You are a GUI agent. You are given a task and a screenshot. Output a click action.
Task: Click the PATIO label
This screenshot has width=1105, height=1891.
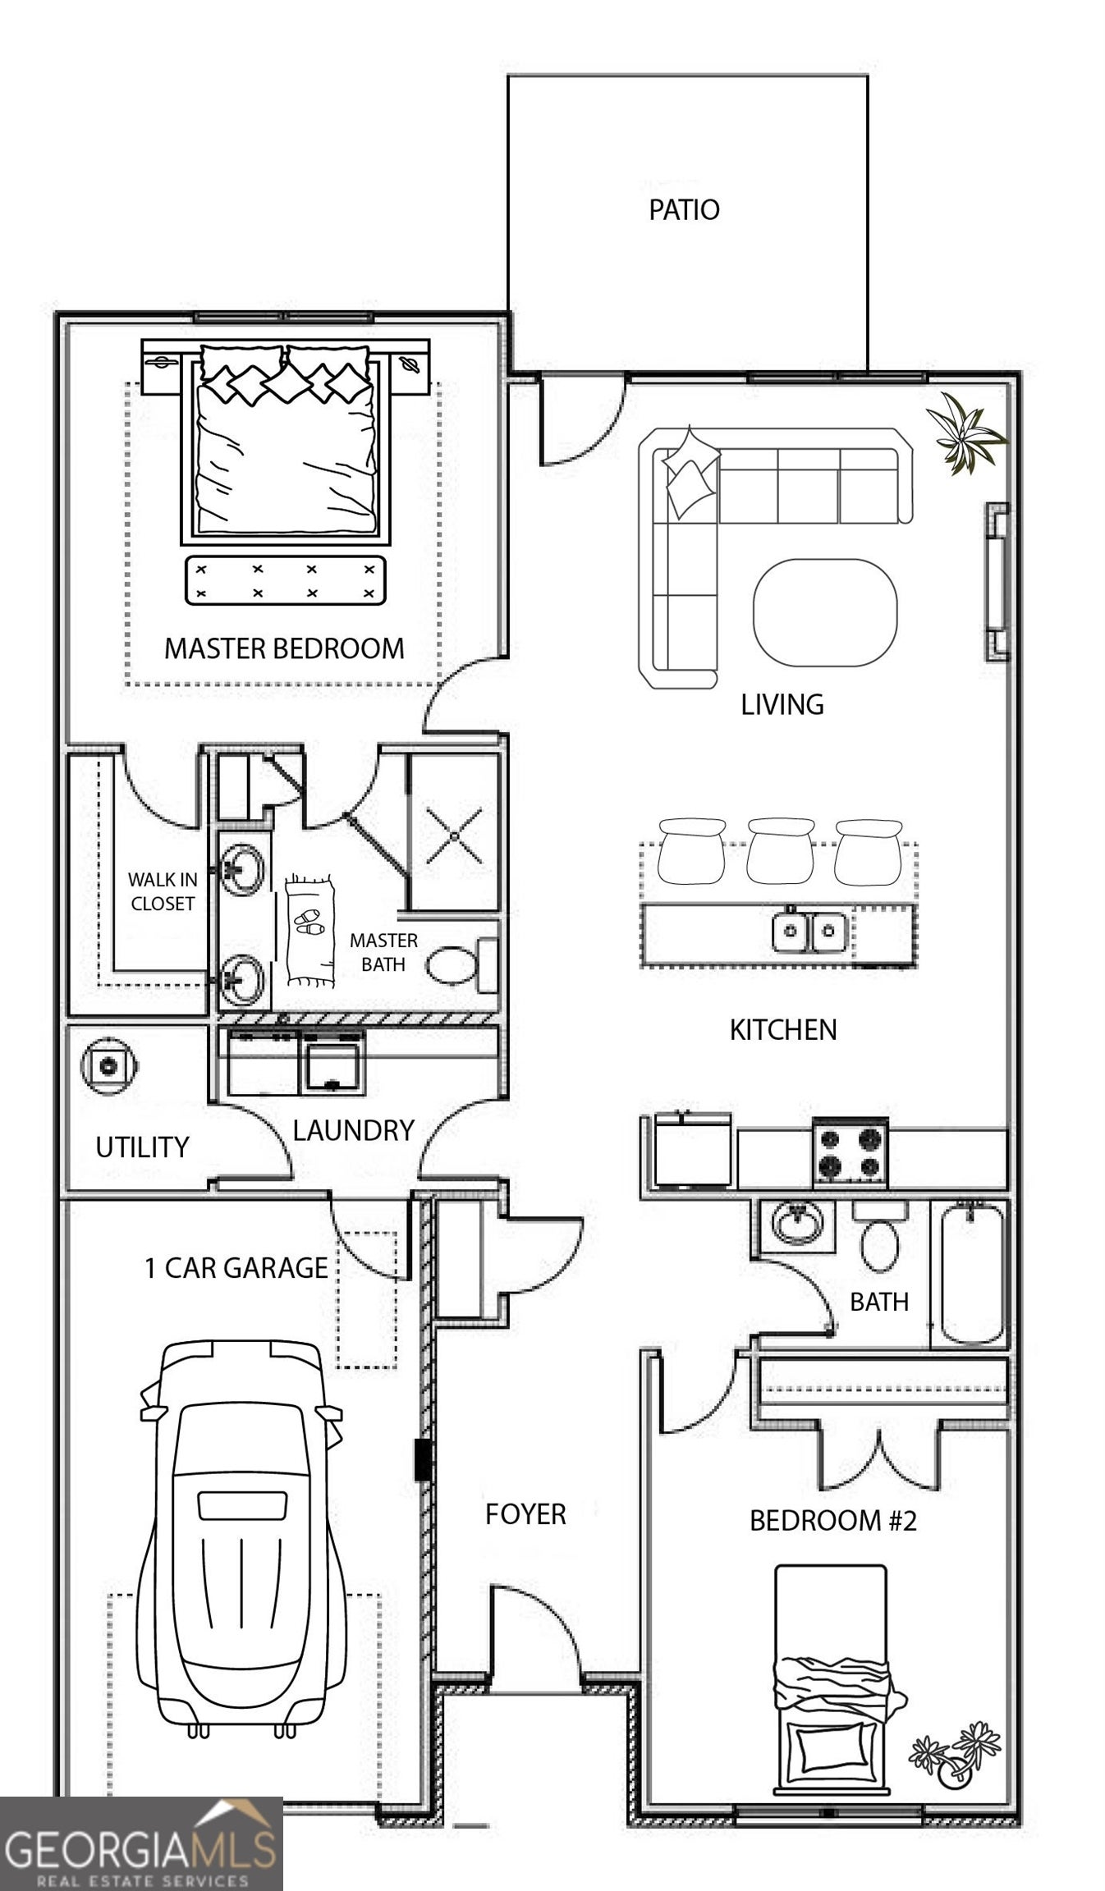684,210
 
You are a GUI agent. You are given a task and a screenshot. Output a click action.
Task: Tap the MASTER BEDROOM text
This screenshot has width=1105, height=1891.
284,648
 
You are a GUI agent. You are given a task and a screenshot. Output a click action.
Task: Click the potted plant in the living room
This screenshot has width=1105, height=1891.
967,433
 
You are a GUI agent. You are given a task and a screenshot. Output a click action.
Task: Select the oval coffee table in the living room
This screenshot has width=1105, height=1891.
825,612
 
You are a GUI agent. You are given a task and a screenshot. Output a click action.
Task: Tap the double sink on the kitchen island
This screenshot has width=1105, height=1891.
809,930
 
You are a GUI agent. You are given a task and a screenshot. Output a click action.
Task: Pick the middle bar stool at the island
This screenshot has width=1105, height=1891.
780,851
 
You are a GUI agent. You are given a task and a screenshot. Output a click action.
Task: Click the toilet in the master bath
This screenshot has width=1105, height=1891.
454,964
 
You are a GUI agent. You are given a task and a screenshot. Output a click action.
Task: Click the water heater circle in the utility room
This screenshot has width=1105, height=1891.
108,1066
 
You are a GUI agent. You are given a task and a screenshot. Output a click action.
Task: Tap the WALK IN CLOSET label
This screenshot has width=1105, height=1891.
162,891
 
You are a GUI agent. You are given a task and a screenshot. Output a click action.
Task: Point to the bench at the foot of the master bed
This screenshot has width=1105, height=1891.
285,580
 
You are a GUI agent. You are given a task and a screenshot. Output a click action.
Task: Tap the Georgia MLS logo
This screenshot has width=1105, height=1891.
141,1843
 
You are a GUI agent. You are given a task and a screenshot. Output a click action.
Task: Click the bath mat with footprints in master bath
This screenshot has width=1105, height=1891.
310,931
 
